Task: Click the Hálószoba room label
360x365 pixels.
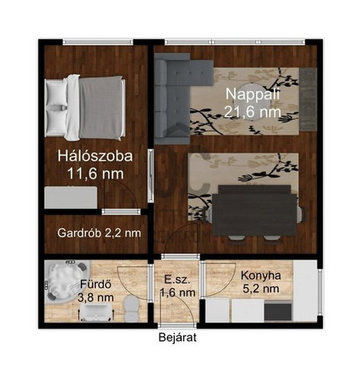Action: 95,156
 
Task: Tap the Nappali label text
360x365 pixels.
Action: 252,94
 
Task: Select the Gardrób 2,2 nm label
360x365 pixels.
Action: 99,233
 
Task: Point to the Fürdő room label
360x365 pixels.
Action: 96,284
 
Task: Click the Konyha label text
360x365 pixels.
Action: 261,275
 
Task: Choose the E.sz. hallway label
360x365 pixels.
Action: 177,280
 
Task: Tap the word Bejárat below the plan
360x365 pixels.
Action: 178,338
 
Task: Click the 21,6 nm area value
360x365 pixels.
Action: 252,112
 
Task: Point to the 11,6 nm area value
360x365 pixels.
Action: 95,174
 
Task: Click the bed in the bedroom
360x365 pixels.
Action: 85,107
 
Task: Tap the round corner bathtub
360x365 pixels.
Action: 66,282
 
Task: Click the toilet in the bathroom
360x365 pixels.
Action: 131,308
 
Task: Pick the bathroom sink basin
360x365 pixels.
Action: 96,313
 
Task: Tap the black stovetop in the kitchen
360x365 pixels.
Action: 278,312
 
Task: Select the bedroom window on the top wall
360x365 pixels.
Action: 98,42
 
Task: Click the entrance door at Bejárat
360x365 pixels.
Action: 177,325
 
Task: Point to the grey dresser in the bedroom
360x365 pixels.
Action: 71,197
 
